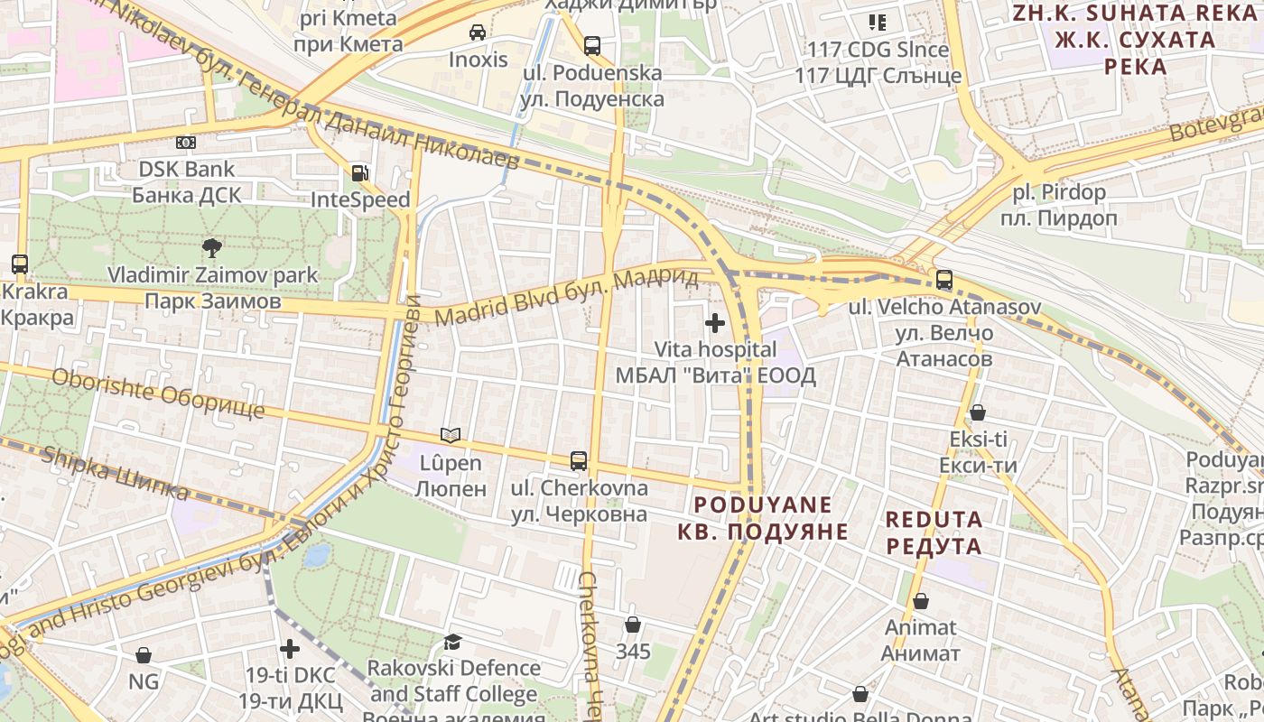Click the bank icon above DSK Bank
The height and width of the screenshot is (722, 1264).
point(186,143)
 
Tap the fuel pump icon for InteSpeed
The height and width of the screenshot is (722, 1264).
point(359,173)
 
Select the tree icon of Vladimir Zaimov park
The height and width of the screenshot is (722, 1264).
point(212,247)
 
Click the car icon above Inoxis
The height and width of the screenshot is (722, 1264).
point(478,32)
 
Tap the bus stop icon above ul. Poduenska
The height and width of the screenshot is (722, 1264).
point(592,45)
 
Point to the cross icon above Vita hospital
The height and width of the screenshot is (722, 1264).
point(715,322)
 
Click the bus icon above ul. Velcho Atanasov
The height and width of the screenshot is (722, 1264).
point(944,280)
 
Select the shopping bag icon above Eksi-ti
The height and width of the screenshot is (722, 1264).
point(978,413)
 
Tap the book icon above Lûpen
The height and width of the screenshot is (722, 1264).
point(450,436)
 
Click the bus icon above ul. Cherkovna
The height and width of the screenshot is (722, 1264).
point(579,461)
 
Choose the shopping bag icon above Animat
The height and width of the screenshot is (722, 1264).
point(921,600)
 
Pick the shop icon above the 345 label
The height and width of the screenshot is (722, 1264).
point(633,625)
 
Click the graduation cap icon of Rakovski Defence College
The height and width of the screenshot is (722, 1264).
point(452,642)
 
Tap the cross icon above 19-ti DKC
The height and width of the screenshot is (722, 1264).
point(289,649)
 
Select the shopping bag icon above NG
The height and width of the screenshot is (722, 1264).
point(144,655)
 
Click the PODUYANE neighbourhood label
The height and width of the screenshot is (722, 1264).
point(764,517)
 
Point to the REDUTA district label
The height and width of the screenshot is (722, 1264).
point(934,532)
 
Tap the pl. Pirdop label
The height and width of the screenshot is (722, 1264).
point(1058,205)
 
